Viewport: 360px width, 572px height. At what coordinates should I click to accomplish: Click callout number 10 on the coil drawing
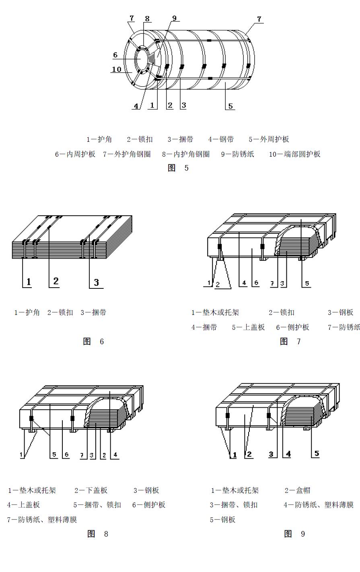click(x=117, y=69)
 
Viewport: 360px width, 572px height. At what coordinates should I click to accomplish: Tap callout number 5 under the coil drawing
click(x=230, y=106)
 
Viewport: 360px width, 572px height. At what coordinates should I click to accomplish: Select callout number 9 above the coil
click(x=174, y=18)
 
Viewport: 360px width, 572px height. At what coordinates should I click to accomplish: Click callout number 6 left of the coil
click(x=115, y=55)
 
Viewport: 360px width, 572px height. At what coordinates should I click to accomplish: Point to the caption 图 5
click(x=178, y=168)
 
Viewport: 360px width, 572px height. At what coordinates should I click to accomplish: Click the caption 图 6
click(x=93, y=341)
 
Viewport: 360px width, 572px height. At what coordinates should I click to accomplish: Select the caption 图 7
click(x=290, y=341)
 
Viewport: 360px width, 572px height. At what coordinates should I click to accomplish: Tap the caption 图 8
click(x=98, y=534)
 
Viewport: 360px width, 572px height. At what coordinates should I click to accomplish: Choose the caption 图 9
click(x=294, y=534)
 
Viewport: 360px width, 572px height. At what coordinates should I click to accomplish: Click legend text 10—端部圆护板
click(x=294, y=154)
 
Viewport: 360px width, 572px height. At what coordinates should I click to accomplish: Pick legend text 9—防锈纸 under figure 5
click(x=237, y=154)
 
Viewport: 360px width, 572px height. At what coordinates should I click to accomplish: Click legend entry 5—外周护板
click(x=269, y=139)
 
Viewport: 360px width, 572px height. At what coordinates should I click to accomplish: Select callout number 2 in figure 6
click(x=56, y=281)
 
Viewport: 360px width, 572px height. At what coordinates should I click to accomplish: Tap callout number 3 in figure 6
click(x=96, y=282)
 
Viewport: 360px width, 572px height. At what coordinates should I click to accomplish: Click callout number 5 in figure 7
click(x=307, y=284)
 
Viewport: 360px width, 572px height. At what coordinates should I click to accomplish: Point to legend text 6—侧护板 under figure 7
click(x=292, y=327)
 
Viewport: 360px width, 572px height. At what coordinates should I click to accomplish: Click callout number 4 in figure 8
click(x=115, y=455)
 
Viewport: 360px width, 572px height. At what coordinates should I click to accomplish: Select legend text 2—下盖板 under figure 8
click(x=91, y=490)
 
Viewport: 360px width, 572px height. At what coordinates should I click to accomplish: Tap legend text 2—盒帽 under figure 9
click(x=297, y=490)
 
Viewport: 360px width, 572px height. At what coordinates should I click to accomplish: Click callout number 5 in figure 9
click(x=317, y=454)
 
